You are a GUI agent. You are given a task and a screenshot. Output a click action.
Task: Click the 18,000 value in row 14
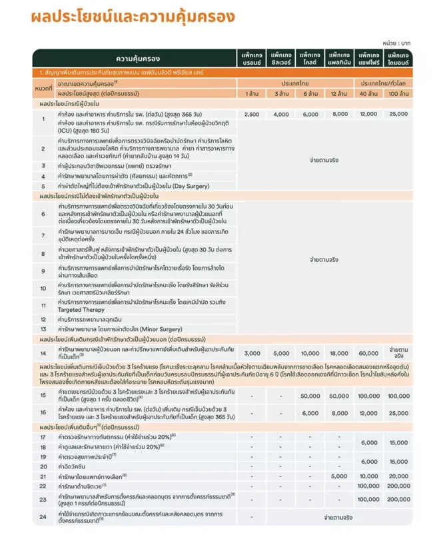(340, 352)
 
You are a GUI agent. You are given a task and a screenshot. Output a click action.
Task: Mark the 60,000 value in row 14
(369, 352)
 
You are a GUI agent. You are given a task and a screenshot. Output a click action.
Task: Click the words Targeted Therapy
(83, 310)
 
